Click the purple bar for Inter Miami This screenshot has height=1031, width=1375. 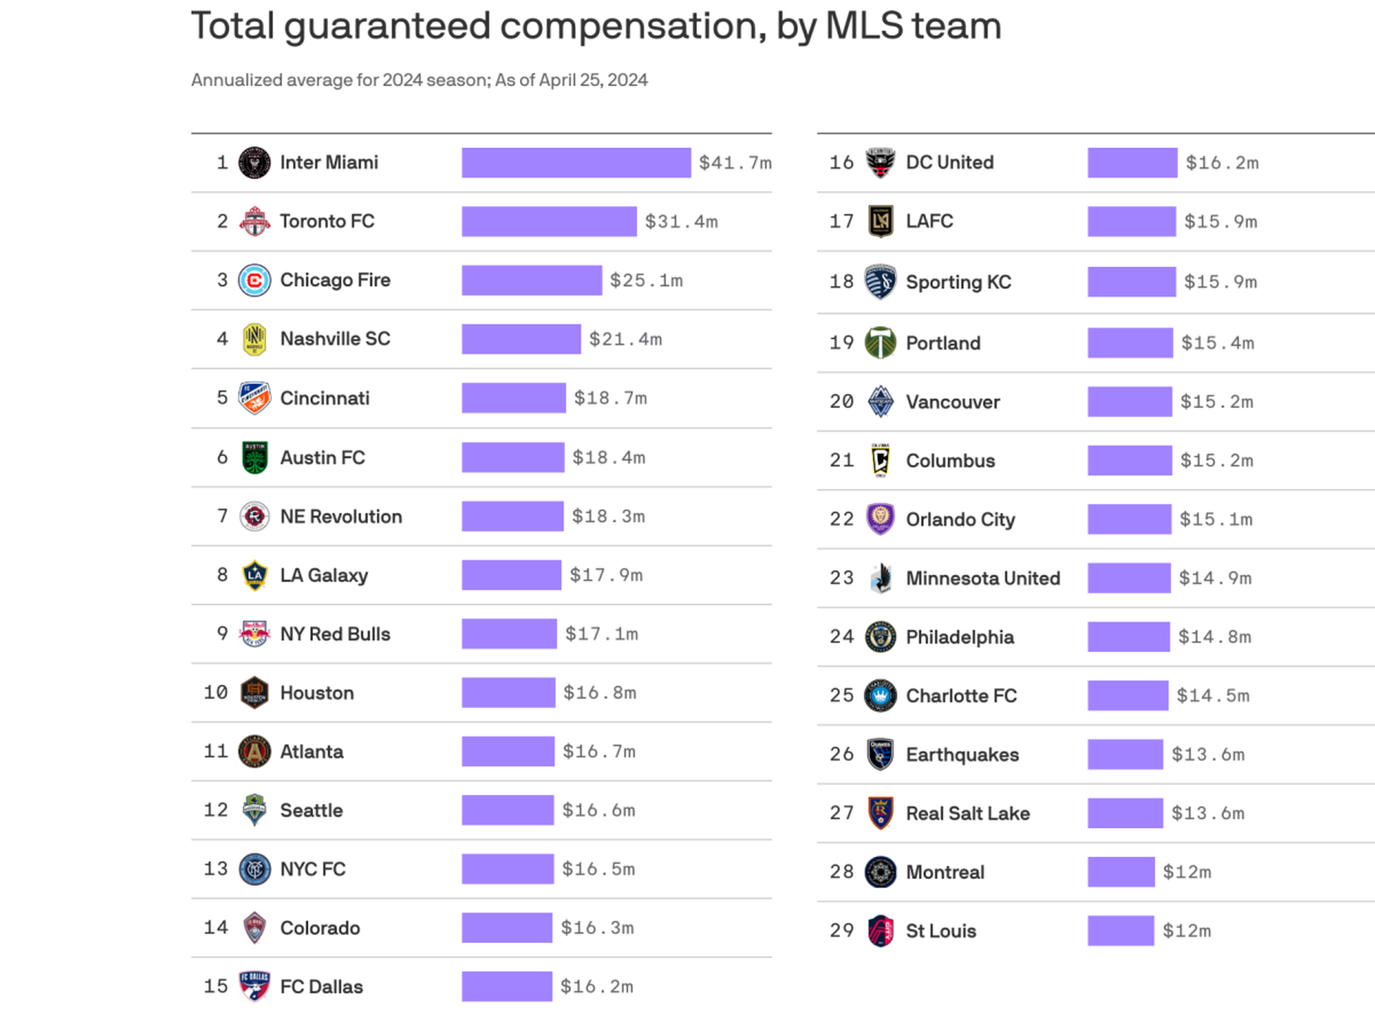coord(576,163)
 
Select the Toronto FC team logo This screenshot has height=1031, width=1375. coord(254,221)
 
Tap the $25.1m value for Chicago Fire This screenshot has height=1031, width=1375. coord(646,280)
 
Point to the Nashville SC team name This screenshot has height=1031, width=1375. coord(334,339)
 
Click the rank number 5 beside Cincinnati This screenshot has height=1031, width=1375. coord(222,397)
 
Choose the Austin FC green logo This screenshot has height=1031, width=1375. coord(254,458)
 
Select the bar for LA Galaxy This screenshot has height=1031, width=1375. coord(511,575)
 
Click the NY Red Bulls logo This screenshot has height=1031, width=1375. coord(254,634)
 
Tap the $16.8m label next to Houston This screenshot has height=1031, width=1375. coord(599,692)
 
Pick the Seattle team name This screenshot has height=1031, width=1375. coord(311,810)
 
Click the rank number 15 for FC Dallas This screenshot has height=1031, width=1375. coord(216,986)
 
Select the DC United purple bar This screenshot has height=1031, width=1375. coord(1132,163)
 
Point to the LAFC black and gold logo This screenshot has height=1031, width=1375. coord(880,221)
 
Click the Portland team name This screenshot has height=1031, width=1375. coord(942,343)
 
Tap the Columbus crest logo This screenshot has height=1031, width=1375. coord(880,460)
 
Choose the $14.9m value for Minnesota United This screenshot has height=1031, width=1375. coord(1215,578)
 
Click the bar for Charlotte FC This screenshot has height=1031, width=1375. coord(1128,695)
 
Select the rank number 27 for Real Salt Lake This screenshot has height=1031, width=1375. coord(841,813)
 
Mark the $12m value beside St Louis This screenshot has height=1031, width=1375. coord(1187,931)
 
